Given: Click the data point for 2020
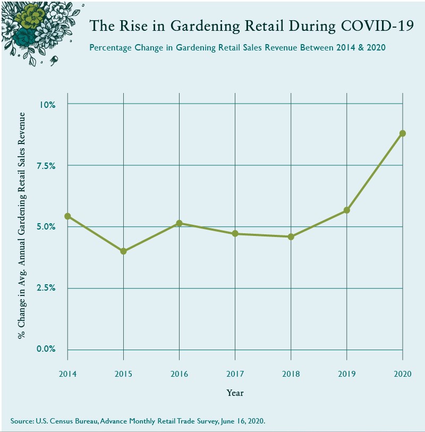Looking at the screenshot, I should coord(402,133).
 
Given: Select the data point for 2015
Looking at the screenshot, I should coord(124,251).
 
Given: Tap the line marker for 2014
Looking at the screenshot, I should coord(68,216).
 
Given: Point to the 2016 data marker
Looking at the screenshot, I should coord(180,223).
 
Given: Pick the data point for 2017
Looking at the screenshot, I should coord(235,234).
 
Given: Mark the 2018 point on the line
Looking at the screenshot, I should coord(291,236).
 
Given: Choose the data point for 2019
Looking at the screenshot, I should coord(346,210).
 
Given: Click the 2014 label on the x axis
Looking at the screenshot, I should coord(68,373).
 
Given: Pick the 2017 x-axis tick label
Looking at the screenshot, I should coord(235,373).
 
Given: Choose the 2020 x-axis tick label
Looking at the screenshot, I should coord(402,373).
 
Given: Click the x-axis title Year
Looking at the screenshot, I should coord(235,393).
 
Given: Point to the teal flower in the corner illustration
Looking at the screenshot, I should coord(24,36).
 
